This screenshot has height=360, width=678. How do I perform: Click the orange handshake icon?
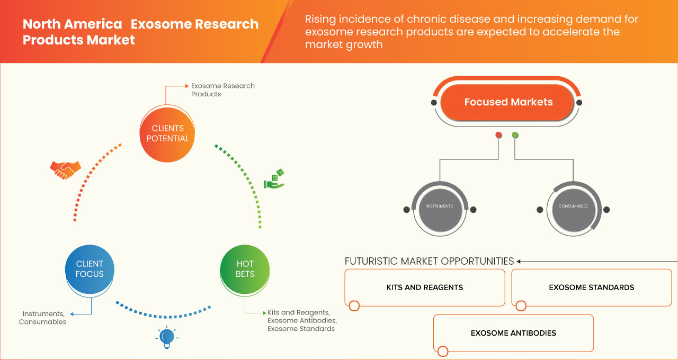click(65, 169)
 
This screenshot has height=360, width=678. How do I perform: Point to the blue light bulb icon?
click(167, 337)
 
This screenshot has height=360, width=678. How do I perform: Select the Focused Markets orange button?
click(508, 102)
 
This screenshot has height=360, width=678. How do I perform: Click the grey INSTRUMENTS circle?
click(440, 206)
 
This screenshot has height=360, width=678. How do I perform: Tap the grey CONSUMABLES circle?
click(573, 206)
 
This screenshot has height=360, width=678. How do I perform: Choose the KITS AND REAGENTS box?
click(424, 287)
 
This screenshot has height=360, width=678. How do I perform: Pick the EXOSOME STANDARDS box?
click(591, 287)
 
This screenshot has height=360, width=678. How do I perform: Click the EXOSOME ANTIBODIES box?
click(513, 333)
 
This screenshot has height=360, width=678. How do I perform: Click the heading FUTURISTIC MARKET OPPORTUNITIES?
click(429, 261)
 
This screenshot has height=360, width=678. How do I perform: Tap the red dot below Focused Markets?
click(498, 136)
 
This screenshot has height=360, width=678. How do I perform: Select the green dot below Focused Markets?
click(515, 136)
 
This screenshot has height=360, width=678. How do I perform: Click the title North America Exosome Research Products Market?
click(140, 32)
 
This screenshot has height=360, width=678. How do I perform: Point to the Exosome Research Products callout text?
click(222, 89)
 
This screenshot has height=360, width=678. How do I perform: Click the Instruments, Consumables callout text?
click(43, 318)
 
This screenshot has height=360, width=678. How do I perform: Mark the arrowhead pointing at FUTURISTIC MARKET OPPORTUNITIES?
click(519, 261)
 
